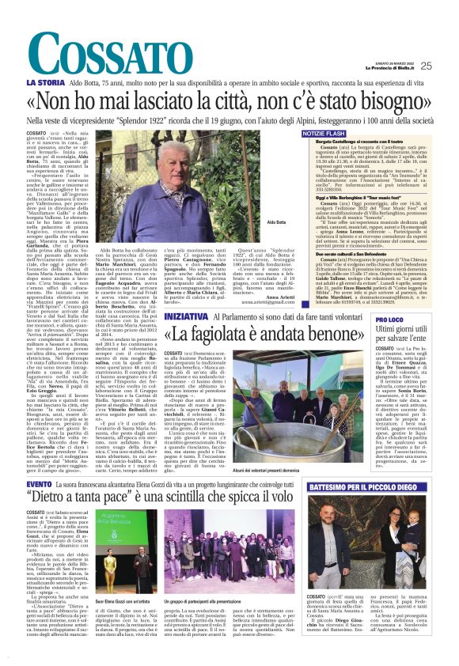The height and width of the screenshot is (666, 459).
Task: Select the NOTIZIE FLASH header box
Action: point(324,134)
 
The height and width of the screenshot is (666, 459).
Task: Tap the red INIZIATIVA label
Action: point(187,315)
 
